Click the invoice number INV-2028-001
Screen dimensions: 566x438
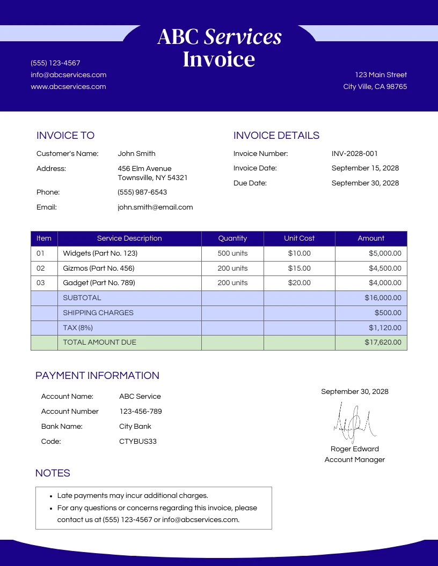pyautogui.click(x=354, y=154)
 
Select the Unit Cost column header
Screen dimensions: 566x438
pyautogui.click(x=299, y=239)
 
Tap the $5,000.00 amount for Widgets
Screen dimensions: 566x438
pyautogui.click(x=384, y=253)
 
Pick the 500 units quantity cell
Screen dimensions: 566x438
pyautogui.click(x=232, y=253)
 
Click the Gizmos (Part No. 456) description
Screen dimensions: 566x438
pyautogui.click(x=99, y=268)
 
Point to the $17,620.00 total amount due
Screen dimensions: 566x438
pyautogui.click(x=382, y=342)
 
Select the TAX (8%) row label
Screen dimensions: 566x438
pyautogui.click(x=78, y=327)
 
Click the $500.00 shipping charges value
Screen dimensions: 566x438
pyautogui.click(x=388, y=312)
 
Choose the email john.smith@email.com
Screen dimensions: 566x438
pyautogui.click(x=155, y=207)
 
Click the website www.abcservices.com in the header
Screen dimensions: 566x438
pyautogui.click(x=68, y=87)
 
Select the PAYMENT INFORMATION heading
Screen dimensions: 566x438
pyautogui.click(x=97, y=376)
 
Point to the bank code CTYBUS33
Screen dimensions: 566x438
pyautogui.click(x=138, y=442)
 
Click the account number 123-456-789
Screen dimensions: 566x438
pyautogui.click(x=140, y=412)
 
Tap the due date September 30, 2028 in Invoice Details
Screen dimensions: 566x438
pyautogui.click(x=365, y=183)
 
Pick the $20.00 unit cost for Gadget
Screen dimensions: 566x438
pyautogui.click(x=299, y=282)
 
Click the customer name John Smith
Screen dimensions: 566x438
pyautogui.click(x=136, y=154)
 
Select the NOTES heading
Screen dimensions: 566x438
pyautogui.click(x=53, y=473)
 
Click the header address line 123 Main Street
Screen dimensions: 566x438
pyautogui.click(x=381, y=75)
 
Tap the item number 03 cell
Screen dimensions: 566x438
pyautogui.click(x=41, y=282)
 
